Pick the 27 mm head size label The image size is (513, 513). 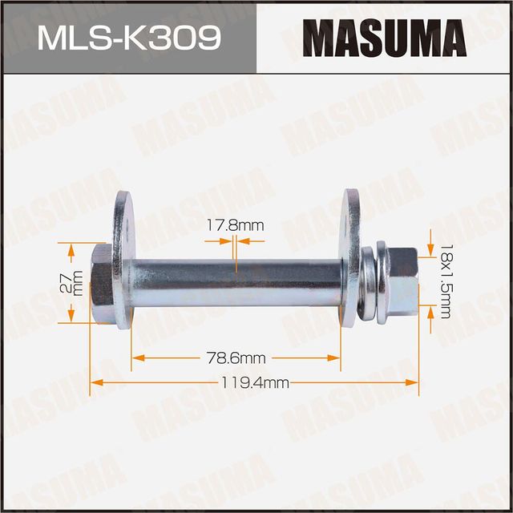pyautogui.click(x=78, y=283)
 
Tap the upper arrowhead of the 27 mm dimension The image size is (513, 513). pyautogui.click(x=72, y=255)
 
